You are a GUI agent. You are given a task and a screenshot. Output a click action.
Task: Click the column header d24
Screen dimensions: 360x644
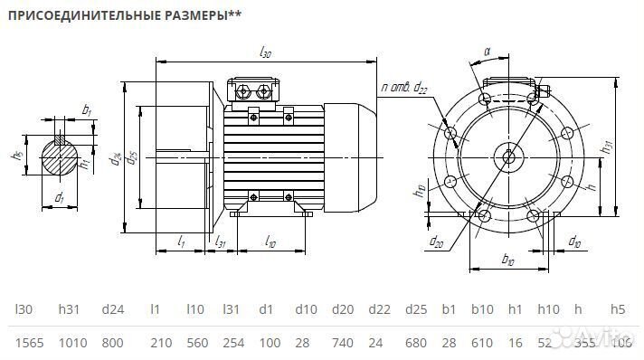coord(112,309)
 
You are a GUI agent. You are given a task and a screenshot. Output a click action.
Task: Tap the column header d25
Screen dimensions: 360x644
coord(415,309)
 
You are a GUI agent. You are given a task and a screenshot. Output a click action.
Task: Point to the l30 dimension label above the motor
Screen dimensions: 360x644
coord(265,53)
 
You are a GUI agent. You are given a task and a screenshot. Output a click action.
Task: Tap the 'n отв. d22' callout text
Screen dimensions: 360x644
coord(404,88)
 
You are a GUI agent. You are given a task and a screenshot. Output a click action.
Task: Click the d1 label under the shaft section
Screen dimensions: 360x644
coord(59,196)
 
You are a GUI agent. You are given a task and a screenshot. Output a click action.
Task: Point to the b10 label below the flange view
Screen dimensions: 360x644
coord(507,261)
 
